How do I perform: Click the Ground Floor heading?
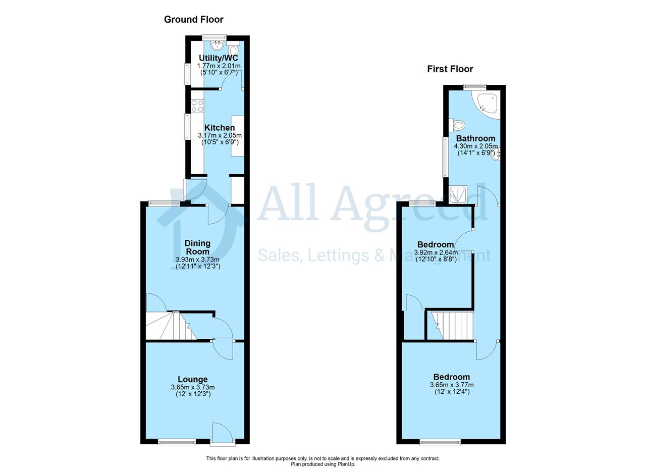coord(193,19)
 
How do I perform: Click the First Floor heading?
coord(450,69)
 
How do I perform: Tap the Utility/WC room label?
coord(219,58)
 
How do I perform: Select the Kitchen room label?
coord(220,128)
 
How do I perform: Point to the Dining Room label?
coord(197,247)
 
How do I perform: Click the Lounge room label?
coord(193,379)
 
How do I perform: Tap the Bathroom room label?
coord(475,138)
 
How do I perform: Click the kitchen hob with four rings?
coord(197,106)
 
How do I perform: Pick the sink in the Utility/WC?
coord(217,45)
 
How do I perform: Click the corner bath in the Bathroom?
coord(486,105)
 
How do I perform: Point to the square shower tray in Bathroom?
coord(458,194)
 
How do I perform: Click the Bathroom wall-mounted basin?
coord(497,154)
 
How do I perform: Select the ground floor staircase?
coord(171,326)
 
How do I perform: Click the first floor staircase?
coord(450,326)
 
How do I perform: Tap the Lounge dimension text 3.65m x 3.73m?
coord(193,387)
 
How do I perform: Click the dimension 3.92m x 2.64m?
coord(436,252)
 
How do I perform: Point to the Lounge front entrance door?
coord(223,434)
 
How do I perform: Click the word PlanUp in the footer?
coord(346,464)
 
